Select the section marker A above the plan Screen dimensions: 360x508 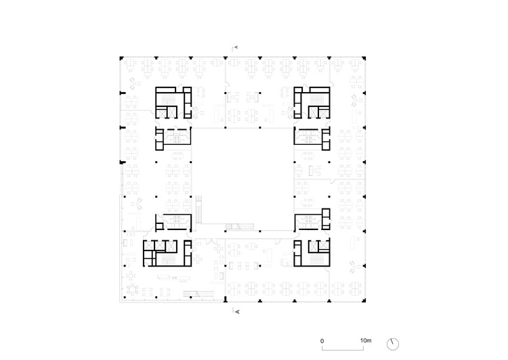point(237,47)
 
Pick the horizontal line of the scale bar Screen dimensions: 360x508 point(343,348)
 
